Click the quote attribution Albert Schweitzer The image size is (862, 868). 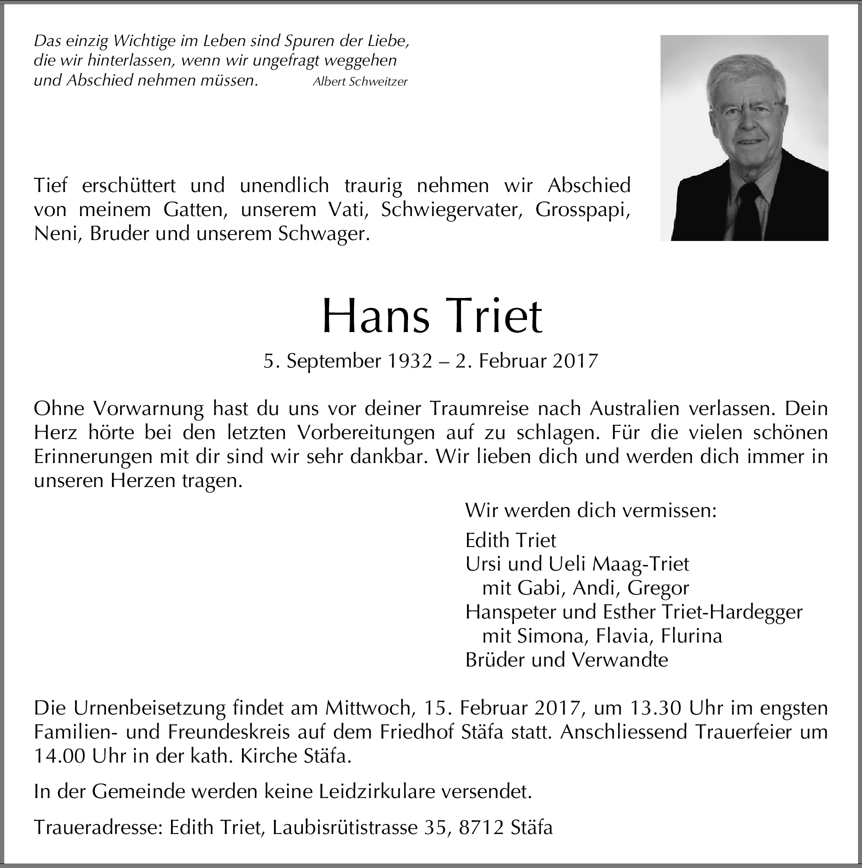(359, 82)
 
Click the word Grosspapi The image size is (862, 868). (582, 209)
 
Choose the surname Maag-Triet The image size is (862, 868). (640, 564)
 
